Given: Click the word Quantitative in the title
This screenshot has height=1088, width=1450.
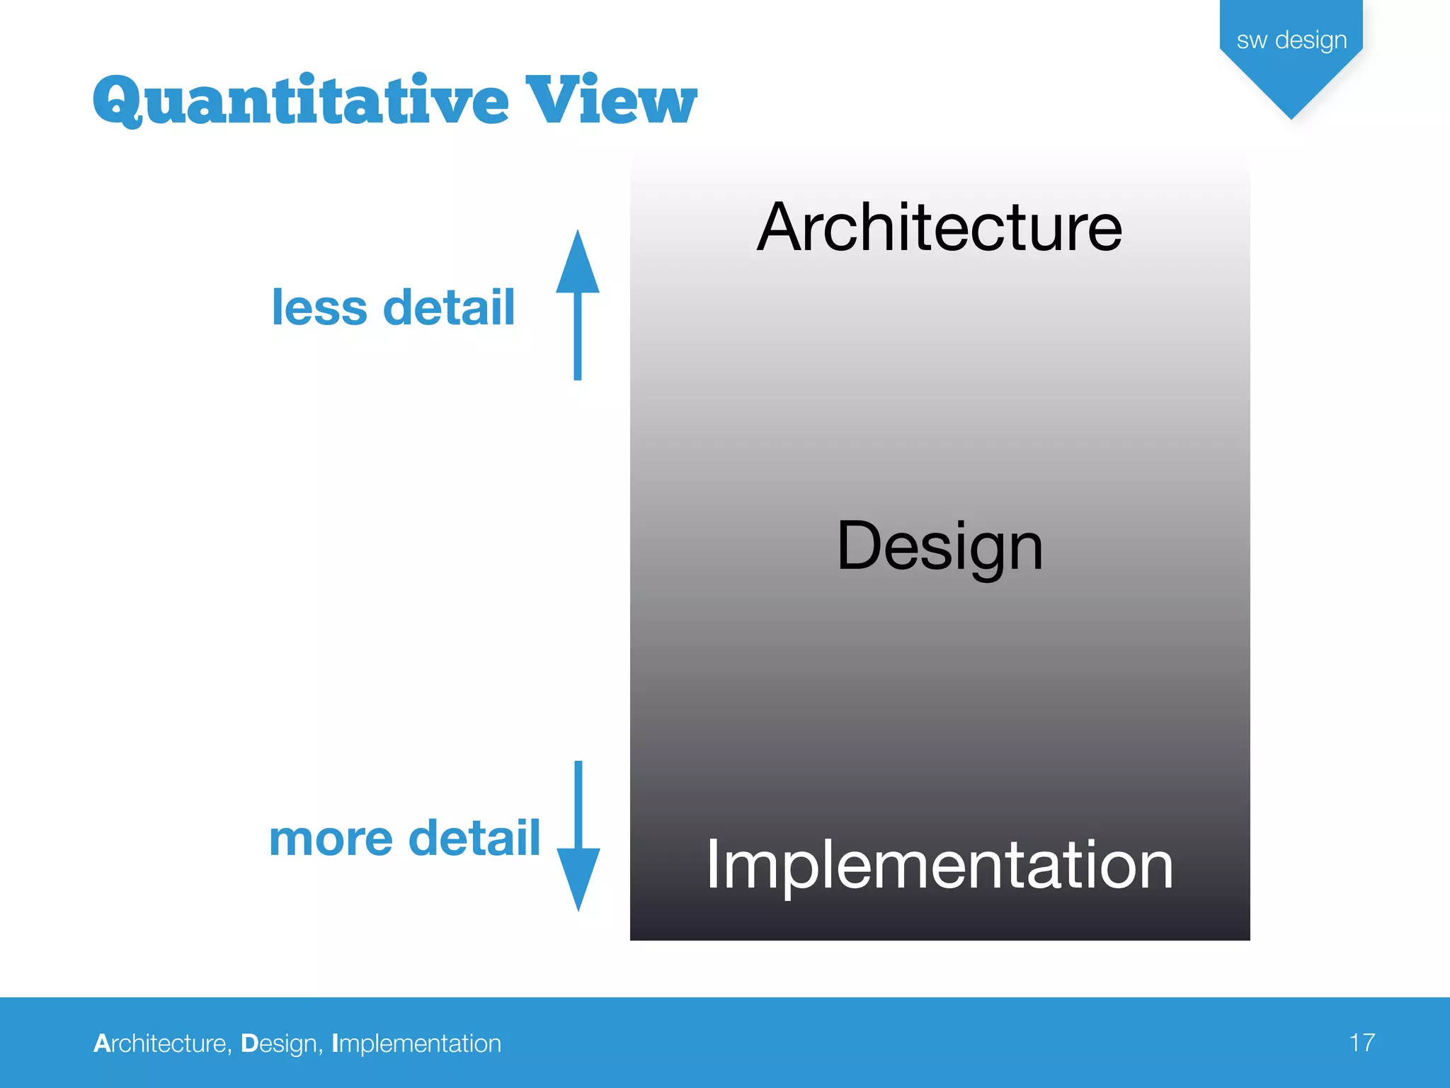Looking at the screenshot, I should point(301,101).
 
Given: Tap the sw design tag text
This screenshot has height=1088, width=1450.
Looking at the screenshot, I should point(1291,40).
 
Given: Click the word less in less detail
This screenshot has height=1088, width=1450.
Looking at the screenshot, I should point(319,307).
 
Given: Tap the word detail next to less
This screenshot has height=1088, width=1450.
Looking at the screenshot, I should point(448,307).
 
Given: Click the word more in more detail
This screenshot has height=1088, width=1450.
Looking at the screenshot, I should point(331,839).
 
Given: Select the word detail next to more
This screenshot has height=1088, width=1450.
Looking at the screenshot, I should point(474,839).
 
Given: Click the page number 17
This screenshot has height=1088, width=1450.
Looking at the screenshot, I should point(1361,1043).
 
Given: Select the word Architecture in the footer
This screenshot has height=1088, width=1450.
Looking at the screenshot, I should point(161,1043).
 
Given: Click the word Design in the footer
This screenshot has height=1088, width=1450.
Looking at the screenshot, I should point(280,1043).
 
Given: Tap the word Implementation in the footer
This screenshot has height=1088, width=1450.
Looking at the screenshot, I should point(416,1043).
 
